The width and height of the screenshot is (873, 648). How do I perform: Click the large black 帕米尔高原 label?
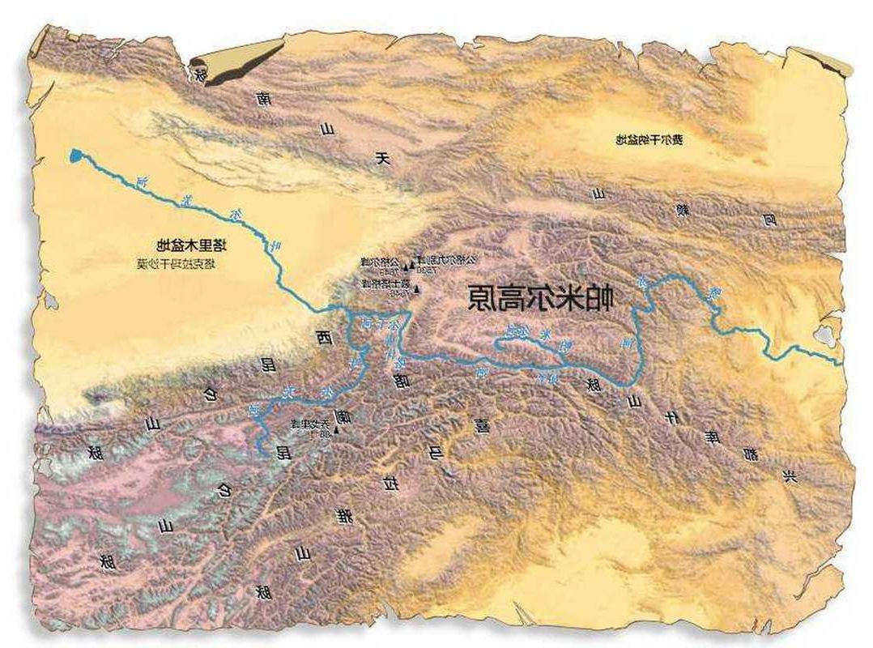coord(541,298)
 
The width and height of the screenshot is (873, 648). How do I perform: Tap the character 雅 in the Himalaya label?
coord(346,515)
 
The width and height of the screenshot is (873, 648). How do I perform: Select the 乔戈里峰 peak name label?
coord(301,424)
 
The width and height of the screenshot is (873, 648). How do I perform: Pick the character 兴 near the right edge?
coord(790,475)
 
